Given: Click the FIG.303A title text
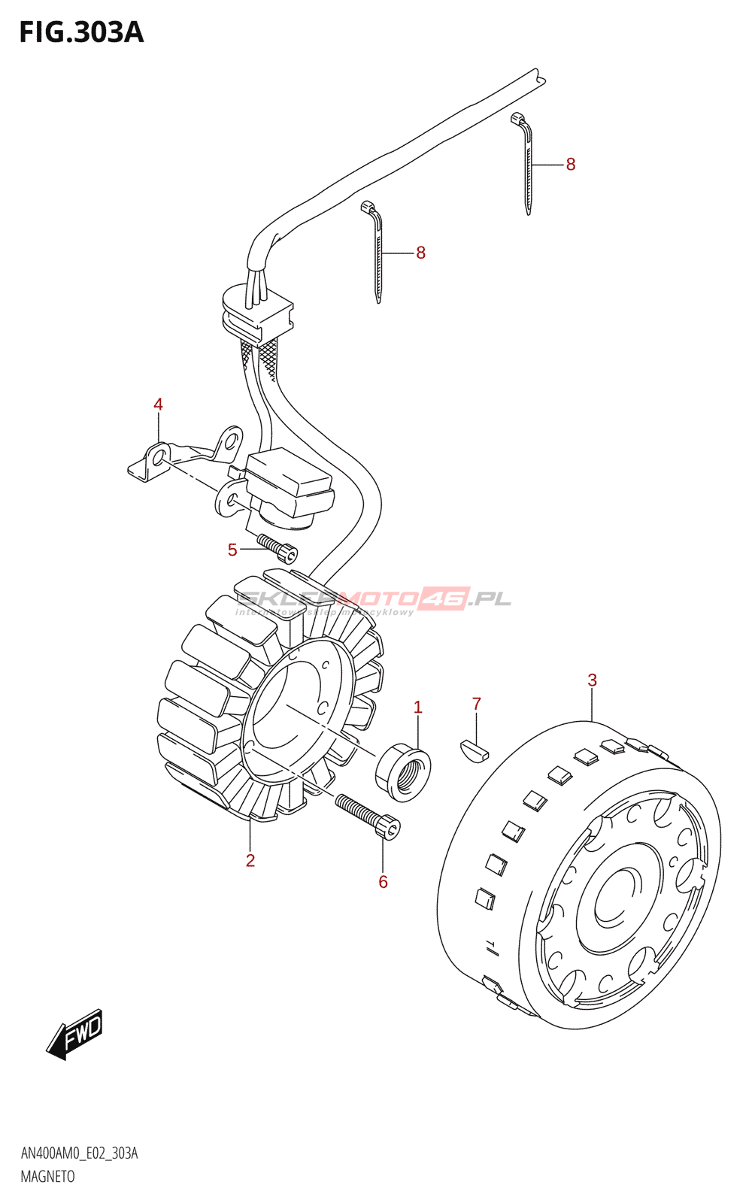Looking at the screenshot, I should click(81, 32).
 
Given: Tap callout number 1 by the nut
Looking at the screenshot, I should click(418, 708).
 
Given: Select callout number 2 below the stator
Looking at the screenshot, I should click(250, 861).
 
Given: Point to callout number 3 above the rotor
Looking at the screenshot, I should click(593, 680).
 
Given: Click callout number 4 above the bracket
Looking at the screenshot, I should click(158, 405).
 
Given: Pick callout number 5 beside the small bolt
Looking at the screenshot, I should click(232, 550).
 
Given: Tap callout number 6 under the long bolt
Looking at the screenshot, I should click(383, 882).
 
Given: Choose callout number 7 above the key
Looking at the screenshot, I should click(476, 705).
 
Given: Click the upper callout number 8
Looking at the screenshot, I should click(571, 165).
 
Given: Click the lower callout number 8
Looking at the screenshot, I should click(421, 253).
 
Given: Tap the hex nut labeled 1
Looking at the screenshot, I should click(403, 771).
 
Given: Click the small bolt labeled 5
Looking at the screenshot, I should click(278, 548).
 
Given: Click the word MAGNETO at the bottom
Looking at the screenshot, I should click(47, 1177).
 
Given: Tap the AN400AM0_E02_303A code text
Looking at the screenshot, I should click(79, 1153).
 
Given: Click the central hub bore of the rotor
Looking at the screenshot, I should click(618, 897).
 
